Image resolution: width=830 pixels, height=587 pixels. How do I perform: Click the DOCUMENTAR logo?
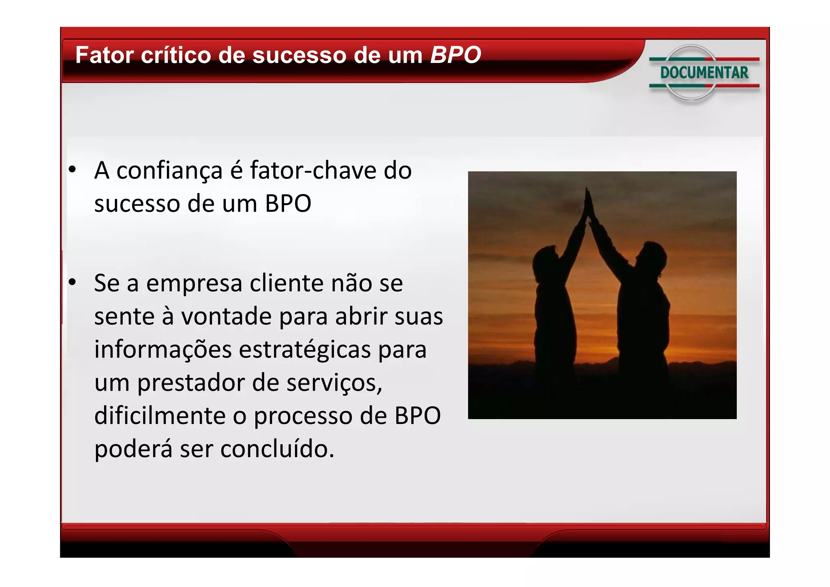tap(704, 73)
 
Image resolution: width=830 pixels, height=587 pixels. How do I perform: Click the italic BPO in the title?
tap(455, 55)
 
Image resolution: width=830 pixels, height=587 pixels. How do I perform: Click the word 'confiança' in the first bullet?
tap(169, 170)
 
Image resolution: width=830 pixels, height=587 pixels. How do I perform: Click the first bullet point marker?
tap(72, 170)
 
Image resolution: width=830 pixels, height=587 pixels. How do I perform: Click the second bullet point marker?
tap(72, 282)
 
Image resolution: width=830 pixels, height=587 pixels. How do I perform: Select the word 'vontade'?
tap(226, 316)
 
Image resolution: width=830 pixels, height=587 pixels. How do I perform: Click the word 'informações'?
tap(163, 350)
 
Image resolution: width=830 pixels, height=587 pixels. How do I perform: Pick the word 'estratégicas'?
tap(304, 350)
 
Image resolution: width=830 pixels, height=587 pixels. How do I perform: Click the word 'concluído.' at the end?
tap(277, 449)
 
